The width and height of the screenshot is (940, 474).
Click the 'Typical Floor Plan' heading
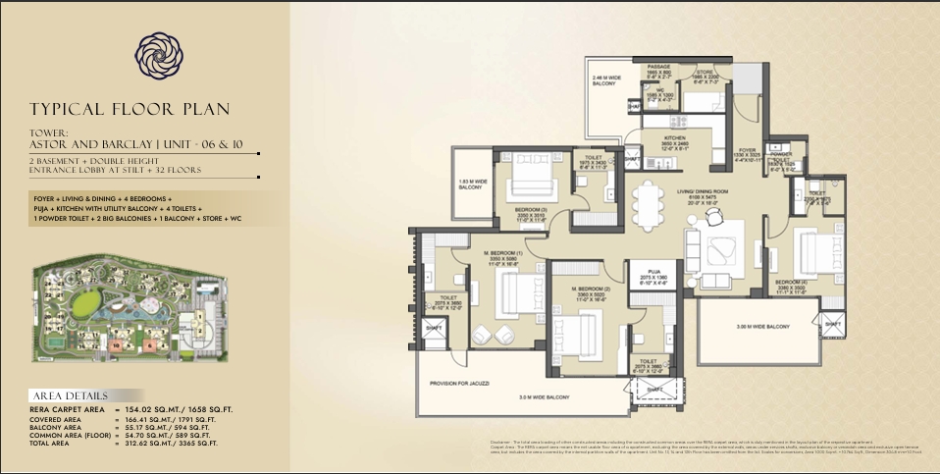(x=130, y=109)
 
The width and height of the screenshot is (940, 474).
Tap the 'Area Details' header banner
(x=69, y=395)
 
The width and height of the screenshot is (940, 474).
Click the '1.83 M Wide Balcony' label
(x=470, y=184)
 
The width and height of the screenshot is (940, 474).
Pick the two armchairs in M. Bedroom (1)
(x=490, y=335)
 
